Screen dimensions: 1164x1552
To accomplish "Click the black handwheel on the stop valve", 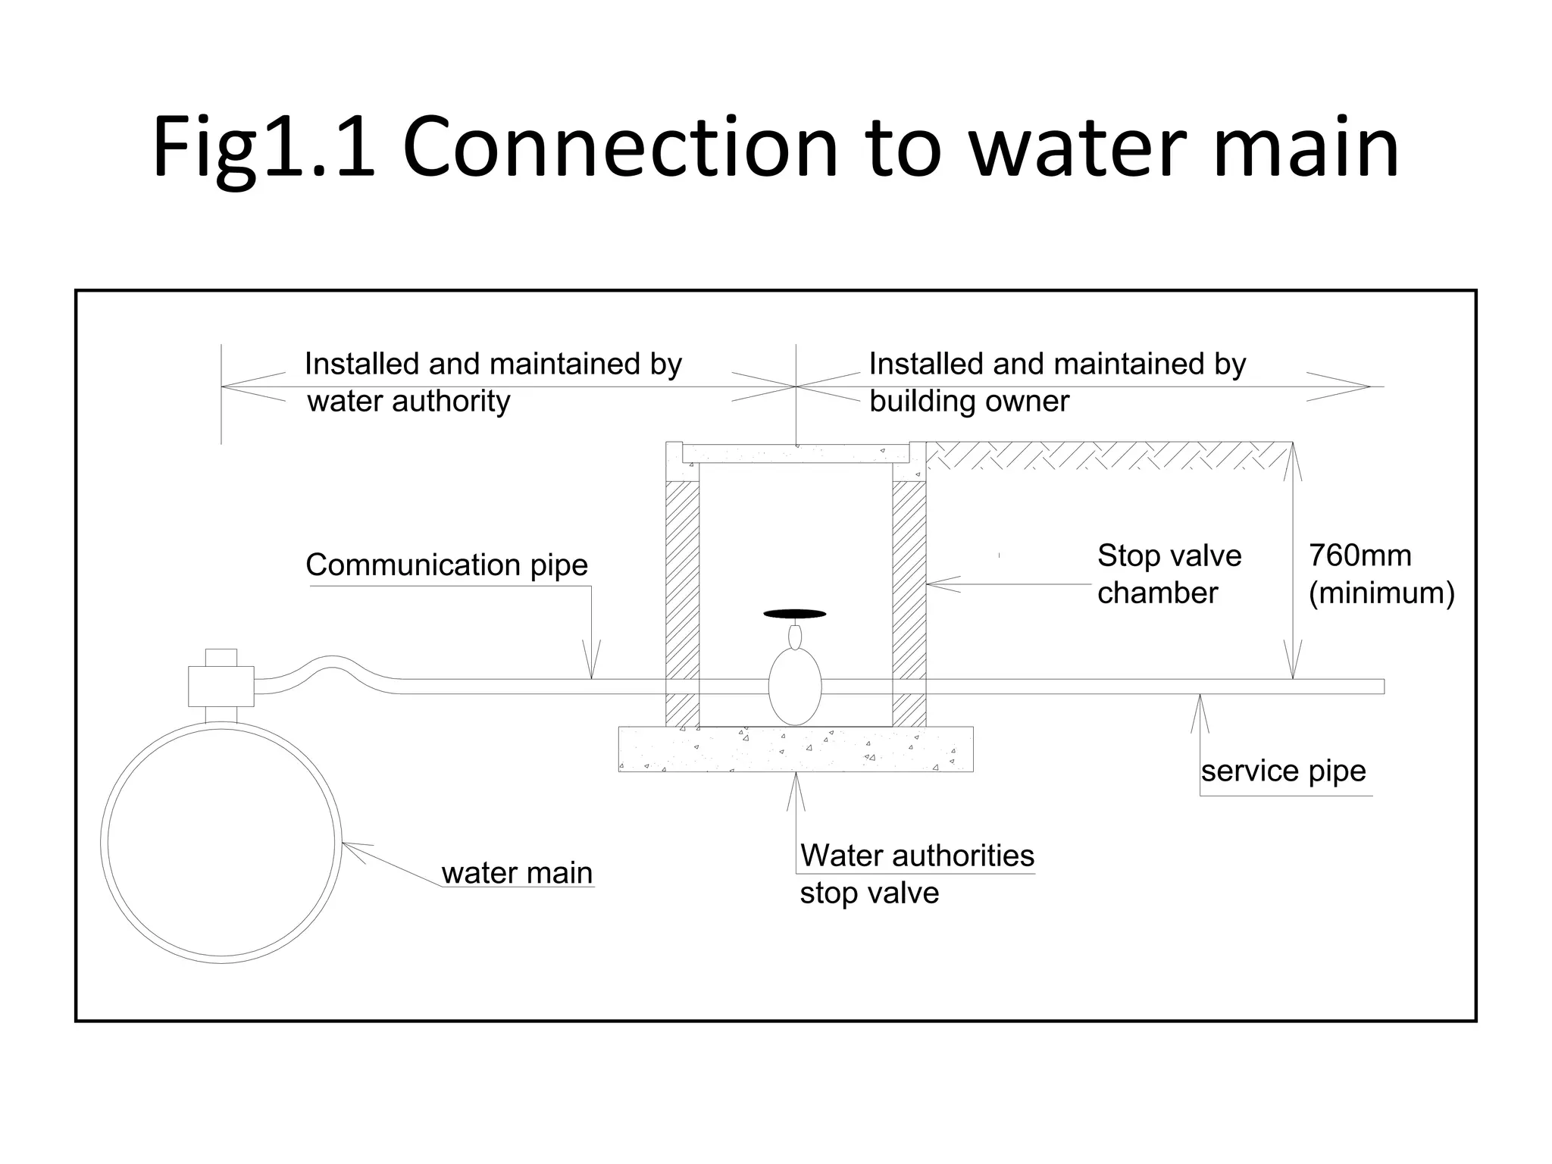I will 794,614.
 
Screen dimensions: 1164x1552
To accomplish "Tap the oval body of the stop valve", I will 794,686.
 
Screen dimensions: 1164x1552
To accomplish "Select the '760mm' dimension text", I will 1360,556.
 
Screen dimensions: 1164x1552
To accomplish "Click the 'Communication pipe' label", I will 446,565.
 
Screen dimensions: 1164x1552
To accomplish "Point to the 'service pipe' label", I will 1283,771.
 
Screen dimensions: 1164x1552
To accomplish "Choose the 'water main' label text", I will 517,873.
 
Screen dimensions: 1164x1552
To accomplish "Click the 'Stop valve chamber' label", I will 1169,574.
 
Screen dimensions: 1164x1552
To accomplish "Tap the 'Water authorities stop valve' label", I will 916,874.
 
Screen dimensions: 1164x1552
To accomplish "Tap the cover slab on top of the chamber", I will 795,454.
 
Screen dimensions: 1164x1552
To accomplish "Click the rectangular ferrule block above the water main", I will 221,686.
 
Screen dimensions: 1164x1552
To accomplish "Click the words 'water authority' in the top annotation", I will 408,402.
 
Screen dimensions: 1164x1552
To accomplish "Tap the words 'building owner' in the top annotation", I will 968,402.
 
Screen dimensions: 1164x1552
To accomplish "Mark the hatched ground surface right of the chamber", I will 1106,455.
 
